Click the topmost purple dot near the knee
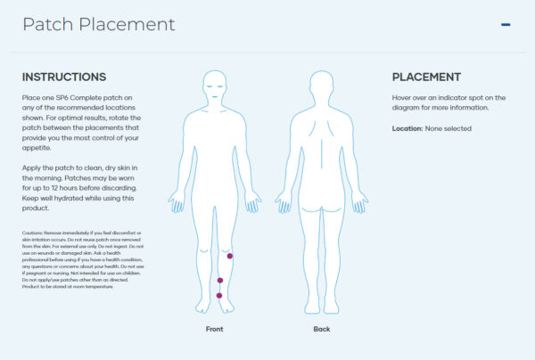coord(229,256)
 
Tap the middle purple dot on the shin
coord(220,281)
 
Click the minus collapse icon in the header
coord(506,24)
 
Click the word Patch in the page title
coord(48,24)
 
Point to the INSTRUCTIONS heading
coord(64,78)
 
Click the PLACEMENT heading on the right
coord(426,78)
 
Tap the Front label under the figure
coord(215,329)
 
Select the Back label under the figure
coord(322,329)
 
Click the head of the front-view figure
coord(215,84)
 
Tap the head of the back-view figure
coord(322,84)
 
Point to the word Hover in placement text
coord(403,96)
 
